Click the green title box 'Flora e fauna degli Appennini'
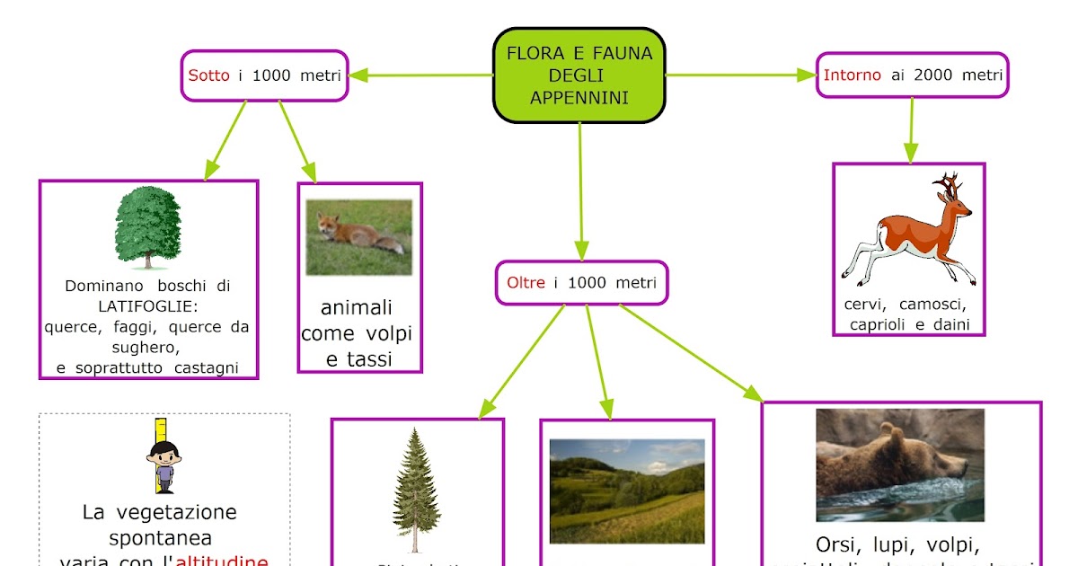[x=579, y=75]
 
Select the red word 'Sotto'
[x=208, y=75]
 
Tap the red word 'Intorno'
[x=852, y=75]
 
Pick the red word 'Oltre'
[x=526, y=283]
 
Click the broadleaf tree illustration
[x=148, y=226]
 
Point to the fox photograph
[x=359, y=236]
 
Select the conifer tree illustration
[x=416, y=490]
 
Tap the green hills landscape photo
[x=627, y=491]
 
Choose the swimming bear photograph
[x=900, y=464]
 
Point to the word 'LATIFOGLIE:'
[x=148, y=306]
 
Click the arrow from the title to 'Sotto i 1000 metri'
[x=420, y=75]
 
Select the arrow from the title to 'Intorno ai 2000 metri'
[x=741, y=75]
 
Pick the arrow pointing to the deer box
[x=911, y=130]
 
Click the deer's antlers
[x=947, y=186]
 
